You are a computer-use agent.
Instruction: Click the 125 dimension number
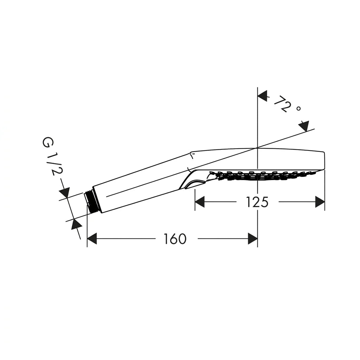pos(257,202)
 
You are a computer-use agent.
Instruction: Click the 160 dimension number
pos(175,239)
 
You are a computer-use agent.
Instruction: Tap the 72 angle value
pos(283,104)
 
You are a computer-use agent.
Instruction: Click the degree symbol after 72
pos(298,108)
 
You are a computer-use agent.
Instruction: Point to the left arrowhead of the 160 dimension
pos(92,239)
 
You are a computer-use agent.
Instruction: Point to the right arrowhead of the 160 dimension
pos(253,239)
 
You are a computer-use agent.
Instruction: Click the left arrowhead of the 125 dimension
pos(200,202)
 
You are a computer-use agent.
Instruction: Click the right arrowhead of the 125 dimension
pos(320,202)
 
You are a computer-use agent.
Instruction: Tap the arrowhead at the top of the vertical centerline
pos(262,96)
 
